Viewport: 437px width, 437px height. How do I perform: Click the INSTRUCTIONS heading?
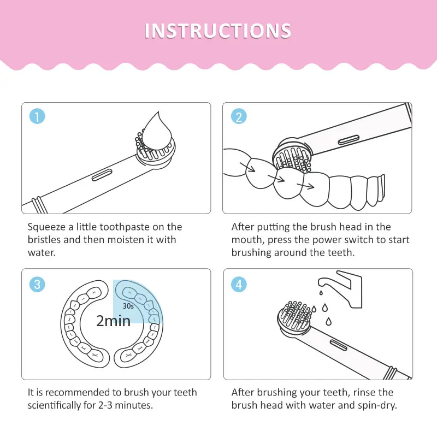218,31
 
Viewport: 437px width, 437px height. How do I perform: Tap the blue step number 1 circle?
37,116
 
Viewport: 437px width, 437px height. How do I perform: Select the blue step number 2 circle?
239,116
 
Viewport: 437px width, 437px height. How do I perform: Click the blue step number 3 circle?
37,284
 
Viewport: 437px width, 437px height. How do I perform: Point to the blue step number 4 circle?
239,284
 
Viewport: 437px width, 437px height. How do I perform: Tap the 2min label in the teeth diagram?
114,321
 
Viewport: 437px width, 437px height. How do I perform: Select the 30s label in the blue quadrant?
128,306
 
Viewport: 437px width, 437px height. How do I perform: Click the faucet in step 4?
340,289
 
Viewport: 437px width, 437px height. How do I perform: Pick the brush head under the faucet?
295,318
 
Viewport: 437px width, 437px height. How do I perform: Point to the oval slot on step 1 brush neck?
102,175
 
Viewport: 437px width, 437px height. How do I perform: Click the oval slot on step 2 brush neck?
349,140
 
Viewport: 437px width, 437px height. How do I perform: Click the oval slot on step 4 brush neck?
339,345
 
